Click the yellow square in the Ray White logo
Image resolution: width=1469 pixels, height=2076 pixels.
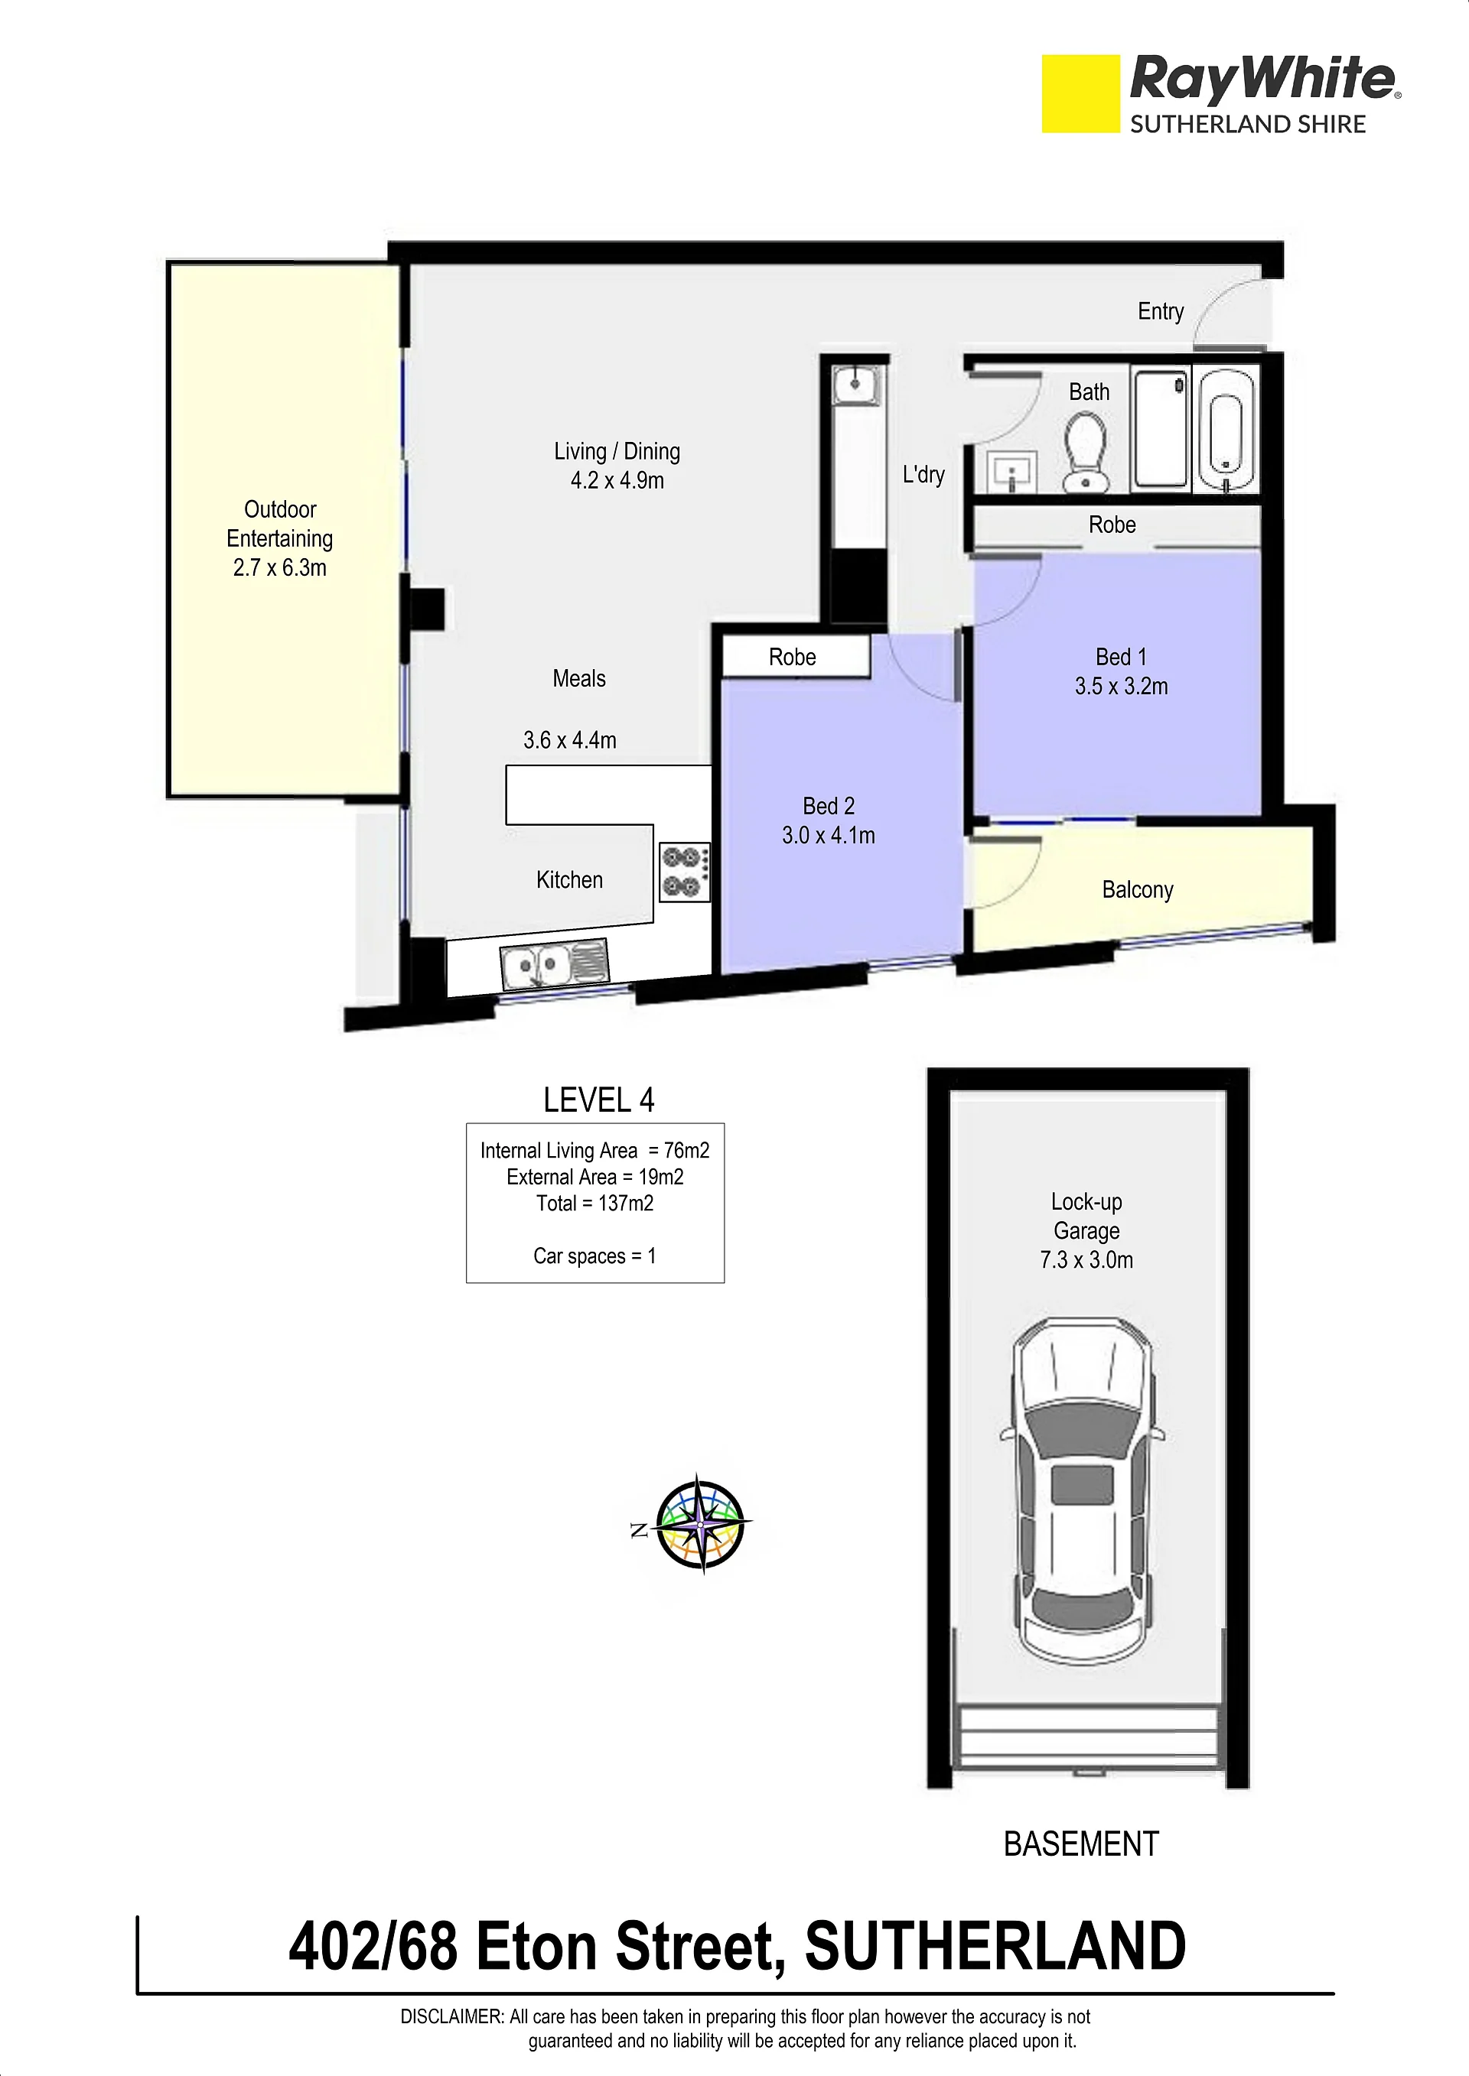[x=1081, y=94]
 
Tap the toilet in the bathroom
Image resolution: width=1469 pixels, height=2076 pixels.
[x=1086, y=451]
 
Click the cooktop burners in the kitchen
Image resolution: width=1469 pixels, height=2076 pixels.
[x=685, y=872]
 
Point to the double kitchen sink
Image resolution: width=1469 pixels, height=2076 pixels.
[x=555, y=964]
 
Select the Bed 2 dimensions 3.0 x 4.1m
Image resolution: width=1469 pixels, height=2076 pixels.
[x=829, y=836]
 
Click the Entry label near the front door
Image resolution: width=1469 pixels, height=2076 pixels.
[x=1161, y=311]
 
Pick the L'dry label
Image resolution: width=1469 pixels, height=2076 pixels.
[x=923, y=475]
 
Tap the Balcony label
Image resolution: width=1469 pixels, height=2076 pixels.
[x=1137, y=890]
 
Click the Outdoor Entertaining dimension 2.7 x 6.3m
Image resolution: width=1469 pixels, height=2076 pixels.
[x=279, y=568]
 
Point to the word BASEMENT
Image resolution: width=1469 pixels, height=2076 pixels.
[x=1081, y=1844]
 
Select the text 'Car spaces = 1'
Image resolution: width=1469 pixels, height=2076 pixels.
[x=594, y=1256]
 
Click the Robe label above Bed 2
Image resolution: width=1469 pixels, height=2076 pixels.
[x=793, y=658]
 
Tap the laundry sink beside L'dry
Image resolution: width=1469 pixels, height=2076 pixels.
[x=855, y=385]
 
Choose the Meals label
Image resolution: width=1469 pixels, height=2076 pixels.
[x=579, y=678]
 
